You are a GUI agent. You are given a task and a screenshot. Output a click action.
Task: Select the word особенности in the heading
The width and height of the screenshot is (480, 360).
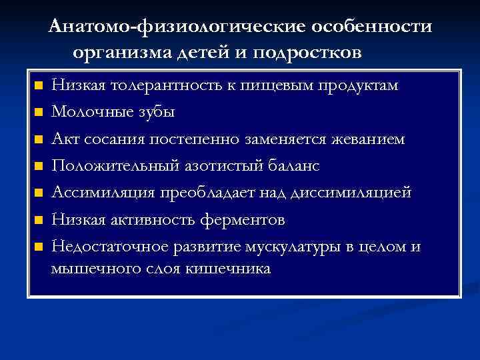click(375, 26)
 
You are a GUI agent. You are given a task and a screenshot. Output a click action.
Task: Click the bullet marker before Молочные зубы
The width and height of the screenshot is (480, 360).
click(39, 113)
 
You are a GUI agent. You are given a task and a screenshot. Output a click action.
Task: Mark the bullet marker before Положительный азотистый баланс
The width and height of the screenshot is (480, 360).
click(39, 166)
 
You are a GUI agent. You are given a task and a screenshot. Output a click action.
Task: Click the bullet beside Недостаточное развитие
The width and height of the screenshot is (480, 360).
click(39, 246)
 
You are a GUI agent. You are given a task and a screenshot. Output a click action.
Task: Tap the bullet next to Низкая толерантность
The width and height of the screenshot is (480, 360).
click(39, 86)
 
